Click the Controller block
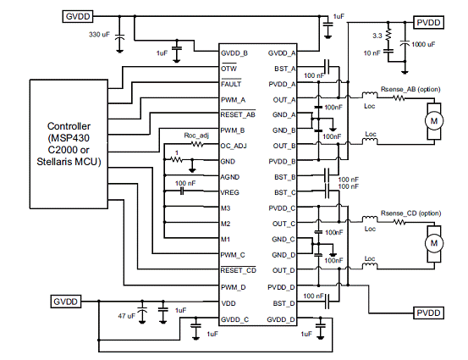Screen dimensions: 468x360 pyautogui.click(x=69, y=144)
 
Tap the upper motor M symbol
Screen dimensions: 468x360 pyautogui.click(x=434, y=120)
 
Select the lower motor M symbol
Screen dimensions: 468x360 pyautogui.click(x=434, y=243)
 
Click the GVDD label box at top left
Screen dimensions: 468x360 pyautogui.click(x=78, y=16)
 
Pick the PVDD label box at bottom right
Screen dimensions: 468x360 pyautogui.click(x=428, y=313)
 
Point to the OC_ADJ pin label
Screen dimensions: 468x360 pyautogui.click(x=234, y=146)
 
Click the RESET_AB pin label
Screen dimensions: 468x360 pyautogui.click(x=238, y=115)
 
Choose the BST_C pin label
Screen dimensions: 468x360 pyautogui.click(x=284, y=192)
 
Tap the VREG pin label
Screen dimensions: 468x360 pyautogui.click(x=230, y=192)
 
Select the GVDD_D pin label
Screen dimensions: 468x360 pyautogui.click(x=281, y=319)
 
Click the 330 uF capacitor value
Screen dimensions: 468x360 pyautogui.click(x=99, y=35)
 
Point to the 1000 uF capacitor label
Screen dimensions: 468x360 pyautogui.click(x=423, y=45)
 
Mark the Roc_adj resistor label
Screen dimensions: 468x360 pyautogui.click(x=196, y=136)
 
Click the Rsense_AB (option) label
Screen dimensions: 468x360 pyautogui.click(x=410, y=89)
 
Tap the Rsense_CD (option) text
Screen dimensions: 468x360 pyautogui.click(x=410, y=213)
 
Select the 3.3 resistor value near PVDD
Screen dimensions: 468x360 pyautogui.click(x=377, y=36)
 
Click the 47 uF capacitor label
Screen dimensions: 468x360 pyautogui.click(x=127, y=316)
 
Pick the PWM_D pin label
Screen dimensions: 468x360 pyautogui.click(x=233, y=287)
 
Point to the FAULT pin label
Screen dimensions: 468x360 pyautogui.click(x=231, y=84)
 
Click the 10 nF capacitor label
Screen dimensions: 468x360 pyautogui.click(x=372, y=53)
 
